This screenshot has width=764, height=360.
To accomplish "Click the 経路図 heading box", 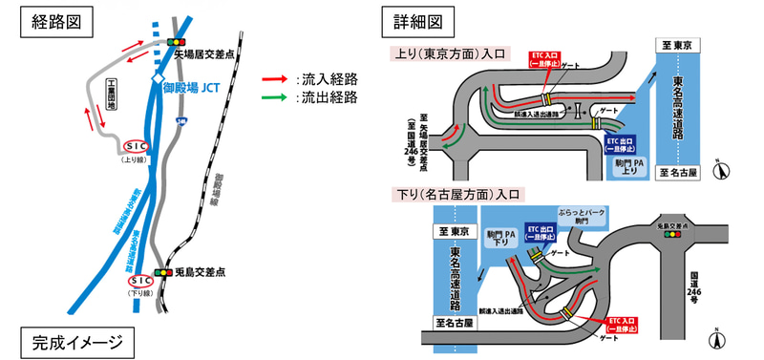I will [x=50, y=21].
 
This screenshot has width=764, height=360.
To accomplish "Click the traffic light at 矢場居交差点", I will [x=177, y=43].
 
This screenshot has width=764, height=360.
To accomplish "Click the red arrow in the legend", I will [x=277, y=80].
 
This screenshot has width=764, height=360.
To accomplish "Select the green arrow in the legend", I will [x=277, y=97].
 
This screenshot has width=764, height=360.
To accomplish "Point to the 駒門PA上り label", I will [x=631, y=167].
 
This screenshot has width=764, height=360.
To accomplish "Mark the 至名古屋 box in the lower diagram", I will [x=456, y=325].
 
